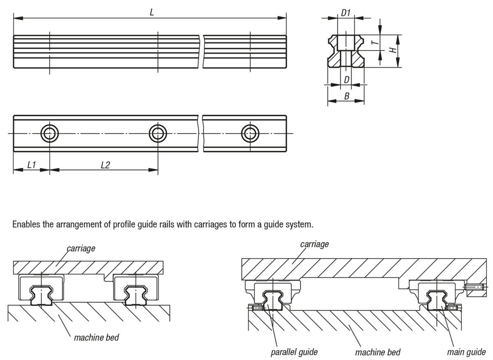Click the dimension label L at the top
[152, 12]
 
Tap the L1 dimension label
[32, 165]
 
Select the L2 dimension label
[105, 165]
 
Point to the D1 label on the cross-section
[346, 13]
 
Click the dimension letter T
[373, 43]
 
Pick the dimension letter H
[393, 50]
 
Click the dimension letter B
[346, 96]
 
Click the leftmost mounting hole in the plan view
[49, 133]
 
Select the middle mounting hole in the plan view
[157, 133]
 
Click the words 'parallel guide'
[294, 352]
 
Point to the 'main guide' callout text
[466, 352]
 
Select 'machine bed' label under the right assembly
[378, 352]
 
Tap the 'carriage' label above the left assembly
[81, 248]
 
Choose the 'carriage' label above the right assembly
[314, 244]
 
